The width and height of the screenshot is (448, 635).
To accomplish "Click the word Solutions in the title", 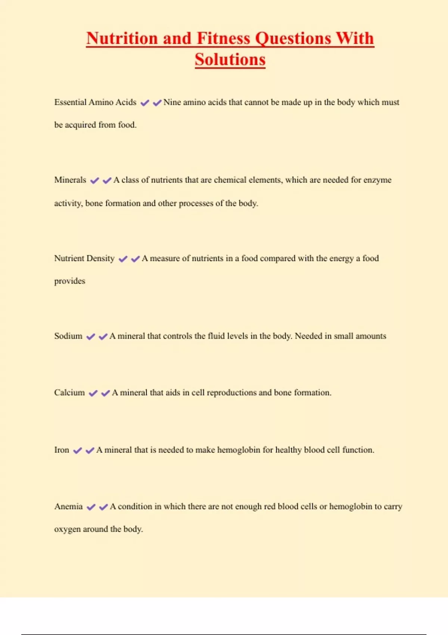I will [230, 60].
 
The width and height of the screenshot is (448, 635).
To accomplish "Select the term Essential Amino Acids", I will [95, 102].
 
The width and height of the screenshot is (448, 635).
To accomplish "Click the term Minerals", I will [70, 180].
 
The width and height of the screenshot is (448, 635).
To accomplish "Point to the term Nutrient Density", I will [84, 258].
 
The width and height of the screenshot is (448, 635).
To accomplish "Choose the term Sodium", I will [68, 336].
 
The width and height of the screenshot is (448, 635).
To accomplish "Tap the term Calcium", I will [69, 393].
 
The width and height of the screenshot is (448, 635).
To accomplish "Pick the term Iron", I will [62, 450].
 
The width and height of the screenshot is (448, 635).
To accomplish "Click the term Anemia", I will [68, 507].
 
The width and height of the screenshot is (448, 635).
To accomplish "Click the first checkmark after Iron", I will [77, 450].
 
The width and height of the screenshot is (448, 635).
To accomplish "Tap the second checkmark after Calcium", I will [106, 393].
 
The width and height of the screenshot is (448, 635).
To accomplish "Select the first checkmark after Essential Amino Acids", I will [144, 103].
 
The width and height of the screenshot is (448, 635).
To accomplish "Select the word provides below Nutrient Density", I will [70, 281].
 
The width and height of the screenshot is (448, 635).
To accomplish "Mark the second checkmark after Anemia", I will [103, 507].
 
